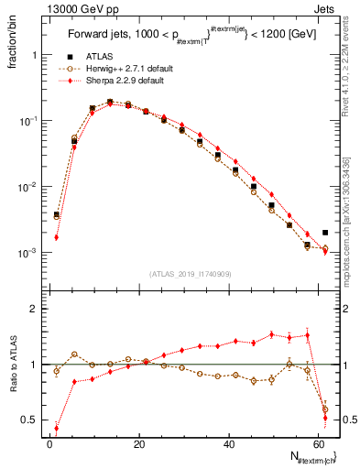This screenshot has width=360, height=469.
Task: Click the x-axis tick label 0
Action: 49,443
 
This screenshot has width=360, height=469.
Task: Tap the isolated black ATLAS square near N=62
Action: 325,233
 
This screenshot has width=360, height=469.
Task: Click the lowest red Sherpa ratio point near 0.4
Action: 57,428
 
